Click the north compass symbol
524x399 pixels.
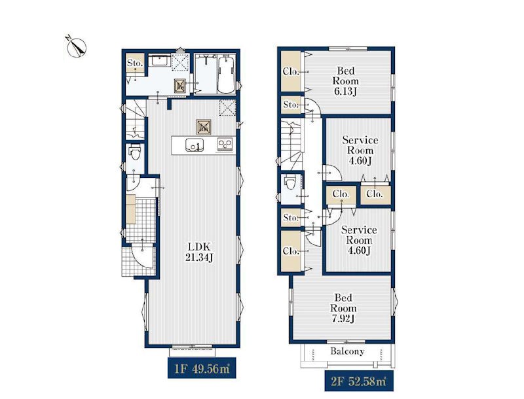(x=76, y=46)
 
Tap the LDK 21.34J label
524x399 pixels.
(x=199, y=252)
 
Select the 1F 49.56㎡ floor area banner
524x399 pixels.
(x=202, y=368)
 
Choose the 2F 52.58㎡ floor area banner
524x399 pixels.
(x=359, y=381)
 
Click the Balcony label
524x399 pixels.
(x=347, y=351)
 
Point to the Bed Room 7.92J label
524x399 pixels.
(x=343, y=308)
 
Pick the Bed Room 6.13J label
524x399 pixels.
(x=346, y=81)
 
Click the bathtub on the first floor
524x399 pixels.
(x=227, y=74)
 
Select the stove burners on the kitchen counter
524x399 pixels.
(x=225, y=145)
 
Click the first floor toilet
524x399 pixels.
(x=135, y=152)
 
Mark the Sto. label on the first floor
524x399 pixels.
(x=135, y=63)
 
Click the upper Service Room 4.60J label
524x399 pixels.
(x=360, y=150)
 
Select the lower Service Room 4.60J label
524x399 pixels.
(x=359, y=240)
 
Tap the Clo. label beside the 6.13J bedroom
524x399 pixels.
(x=291, y=71)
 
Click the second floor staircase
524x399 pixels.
(x=290, y=145)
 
